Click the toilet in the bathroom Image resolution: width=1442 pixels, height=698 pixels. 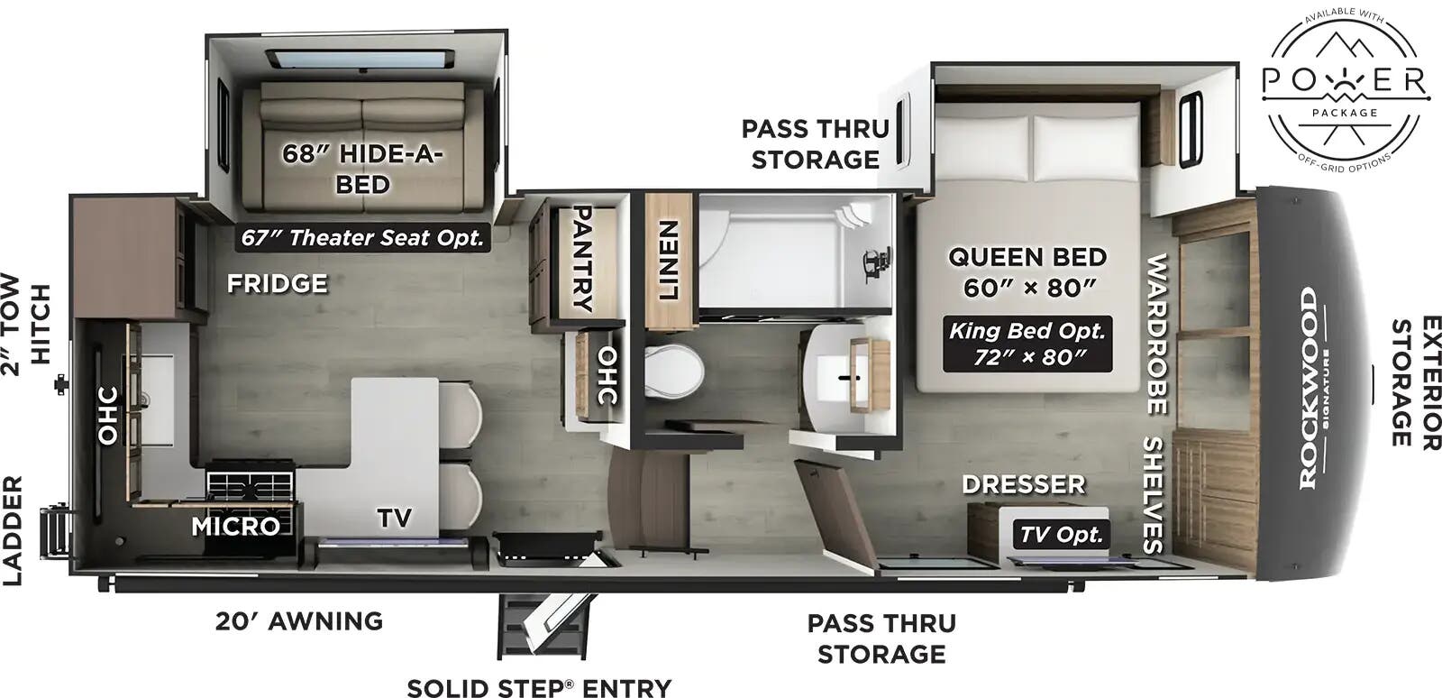pos(674,372)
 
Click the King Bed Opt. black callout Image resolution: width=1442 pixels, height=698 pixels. pos(1027,343)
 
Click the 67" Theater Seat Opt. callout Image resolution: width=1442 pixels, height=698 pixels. pos(363,237)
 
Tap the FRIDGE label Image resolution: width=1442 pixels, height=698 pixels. pos(277,284)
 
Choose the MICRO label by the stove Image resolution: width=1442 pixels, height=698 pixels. pos(235,526)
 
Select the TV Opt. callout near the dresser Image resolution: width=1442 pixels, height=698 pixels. pos(1062,534)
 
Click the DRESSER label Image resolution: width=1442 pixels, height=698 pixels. pos(1023,484)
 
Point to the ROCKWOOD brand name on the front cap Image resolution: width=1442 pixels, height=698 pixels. pos(1308,388)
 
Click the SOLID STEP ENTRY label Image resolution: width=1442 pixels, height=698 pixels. pos(539,687)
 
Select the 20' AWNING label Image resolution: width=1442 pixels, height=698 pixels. pos(299,621)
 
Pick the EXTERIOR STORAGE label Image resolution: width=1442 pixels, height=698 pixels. pos(1414,381)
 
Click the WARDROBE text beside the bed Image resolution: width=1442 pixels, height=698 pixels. pos(1156,334)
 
